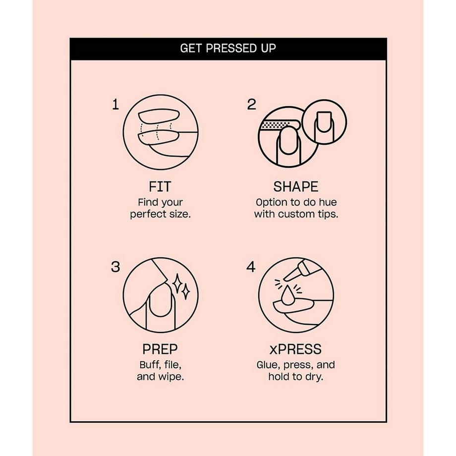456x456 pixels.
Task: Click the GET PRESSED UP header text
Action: [x=228, y=48]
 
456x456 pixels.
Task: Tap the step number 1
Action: [x=115, y=105]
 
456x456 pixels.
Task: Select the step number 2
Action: [x=252, y=105]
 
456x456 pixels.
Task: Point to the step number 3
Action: [x=115, y=267]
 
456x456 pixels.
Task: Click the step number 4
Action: [x=251, y=267]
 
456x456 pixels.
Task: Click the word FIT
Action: [x=160, y=187]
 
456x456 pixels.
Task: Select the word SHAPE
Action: [x=296, y=187]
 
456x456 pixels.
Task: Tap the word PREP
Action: [x=160, y=349]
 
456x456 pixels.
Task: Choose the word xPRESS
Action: [x=295, y=349]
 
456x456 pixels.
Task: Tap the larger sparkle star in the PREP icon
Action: [x=176, y=283]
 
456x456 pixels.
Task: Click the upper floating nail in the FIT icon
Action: [x=159, y=116]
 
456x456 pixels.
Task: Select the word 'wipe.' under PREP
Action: [x=171, y=377]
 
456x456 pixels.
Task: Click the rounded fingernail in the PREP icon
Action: [x=160, y=301]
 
